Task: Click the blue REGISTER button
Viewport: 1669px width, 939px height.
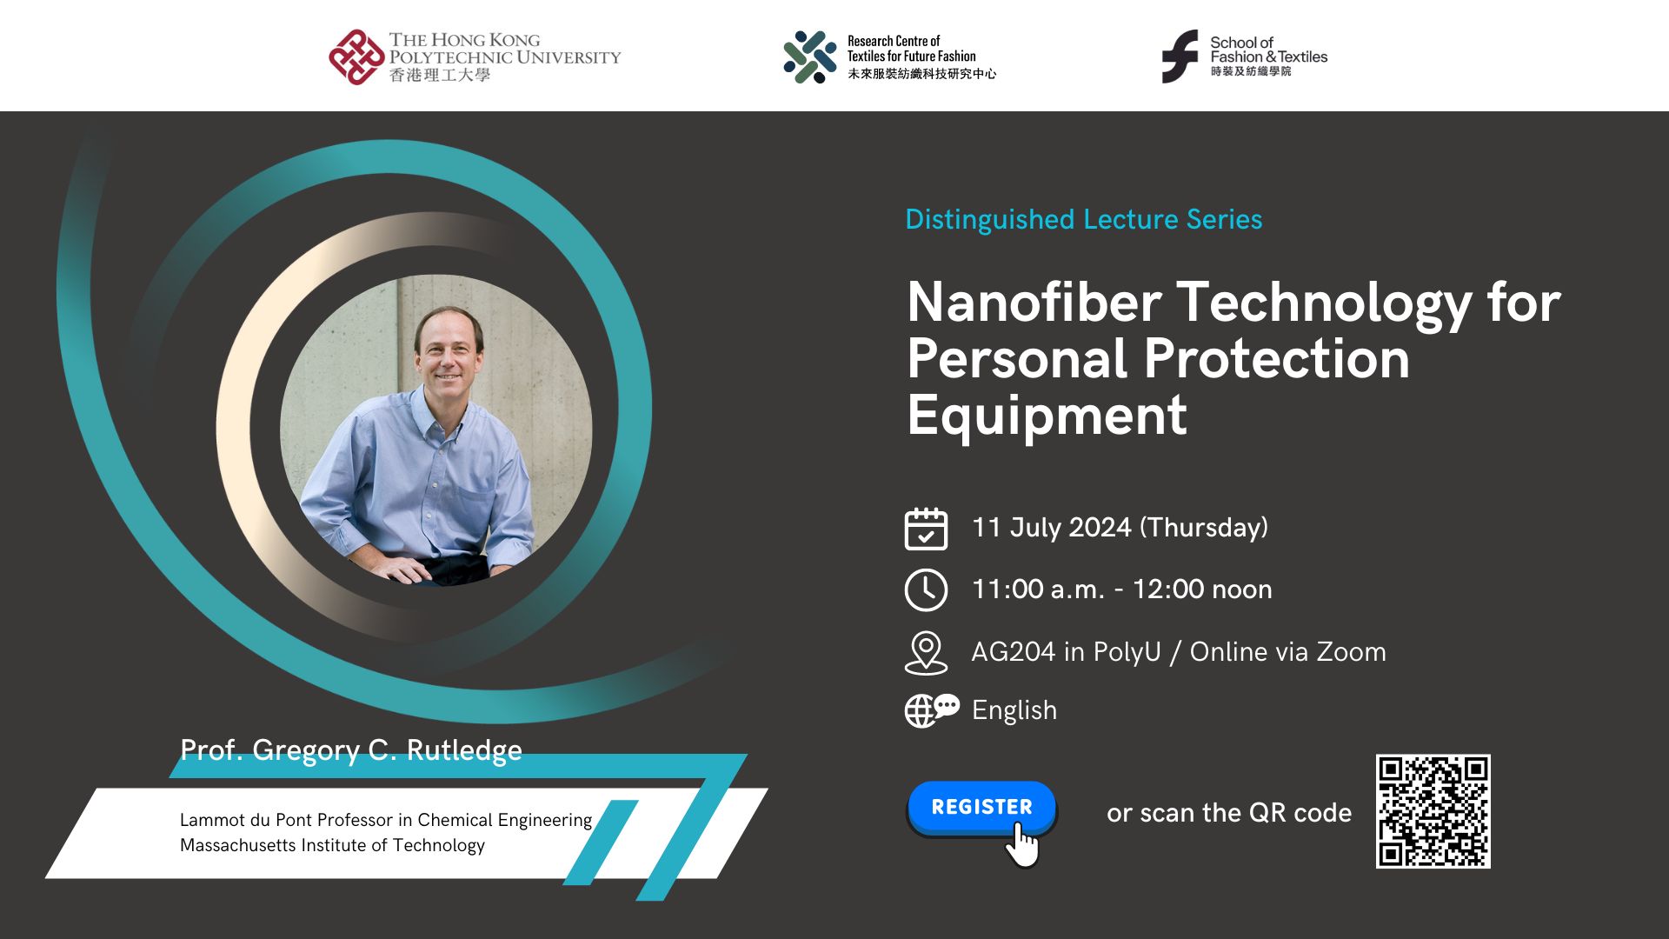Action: pos(981,807)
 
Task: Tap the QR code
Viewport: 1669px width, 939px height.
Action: pos(1433,811)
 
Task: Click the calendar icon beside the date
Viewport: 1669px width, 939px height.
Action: pos(926,529)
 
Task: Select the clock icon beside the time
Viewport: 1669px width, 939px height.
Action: pos(926,590)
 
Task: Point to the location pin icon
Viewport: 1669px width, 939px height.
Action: pos(926,652)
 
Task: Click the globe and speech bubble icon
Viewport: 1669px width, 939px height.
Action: pos(931,709)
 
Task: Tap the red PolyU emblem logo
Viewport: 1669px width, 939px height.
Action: pos(356,57)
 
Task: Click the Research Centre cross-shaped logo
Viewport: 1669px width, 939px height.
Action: pos(809,57)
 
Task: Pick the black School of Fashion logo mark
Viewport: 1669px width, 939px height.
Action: pos(1180,57)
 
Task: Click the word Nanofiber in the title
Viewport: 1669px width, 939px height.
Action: pos(1034,303)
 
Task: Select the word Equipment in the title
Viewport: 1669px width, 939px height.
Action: pos(1047,415)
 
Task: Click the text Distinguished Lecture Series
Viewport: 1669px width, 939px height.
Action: pos(1083,219)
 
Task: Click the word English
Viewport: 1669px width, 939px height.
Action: pos(1014,710)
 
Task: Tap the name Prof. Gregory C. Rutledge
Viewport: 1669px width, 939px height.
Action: pos(350,749)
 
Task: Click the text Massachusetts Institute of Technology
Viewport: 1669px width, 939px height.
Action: pos(332,845)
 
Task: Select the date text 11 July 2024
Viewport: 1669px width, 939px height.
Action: pos(1052,528)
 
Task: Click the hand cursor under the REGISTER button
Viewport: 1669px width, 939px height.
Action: pos(1024,845)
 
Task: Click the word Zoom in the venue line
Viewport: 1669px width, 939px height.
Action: pos(1351,652)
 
